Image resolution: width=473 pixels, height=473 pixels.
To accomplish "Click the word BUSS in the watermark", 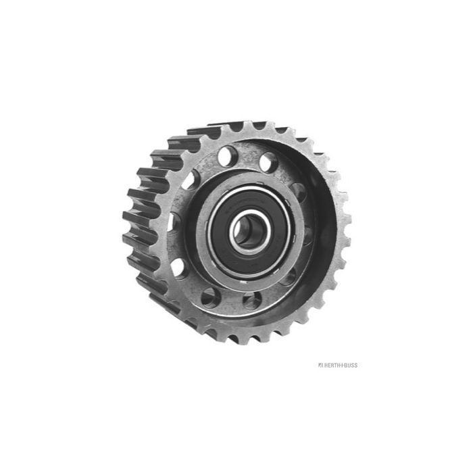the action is tap(351, 366).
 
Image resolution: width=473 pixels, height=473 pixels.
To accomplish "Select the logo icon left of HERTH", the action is tap(321, 366).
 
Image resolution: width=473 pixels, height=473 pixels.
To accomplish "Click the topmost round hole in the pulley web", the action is tap(228, 155).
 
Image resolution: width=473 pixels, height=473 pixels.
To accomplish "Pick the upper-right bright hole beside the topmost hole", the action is tap(268, 162).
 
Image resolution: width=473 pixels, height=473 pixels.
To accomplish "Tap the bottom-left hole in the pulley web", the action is tap(210, 298).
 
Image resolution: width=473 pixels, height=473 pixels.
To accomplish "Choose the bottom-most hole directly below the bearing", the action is tap(252, 301).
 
